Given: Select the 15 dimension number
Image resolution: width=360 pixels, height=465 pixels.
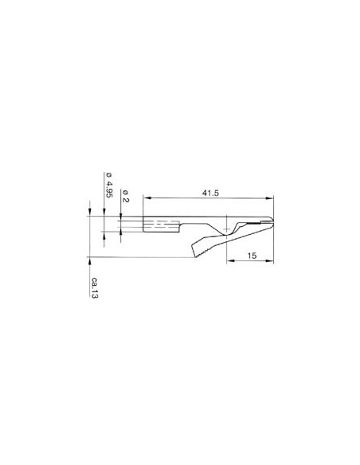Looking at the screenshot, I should (x=250, y=256).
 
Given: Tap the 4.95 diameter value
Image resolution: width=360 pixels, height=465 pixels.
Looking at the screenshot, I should (x=108, y=193).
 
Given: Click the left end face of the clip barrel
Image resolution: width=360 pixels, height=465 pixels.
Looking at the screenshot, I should (x=144, y=225).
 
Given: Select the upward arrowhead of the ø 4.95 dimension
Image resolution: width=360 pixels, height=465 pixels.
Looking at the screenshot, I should (x=104, y=237).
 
